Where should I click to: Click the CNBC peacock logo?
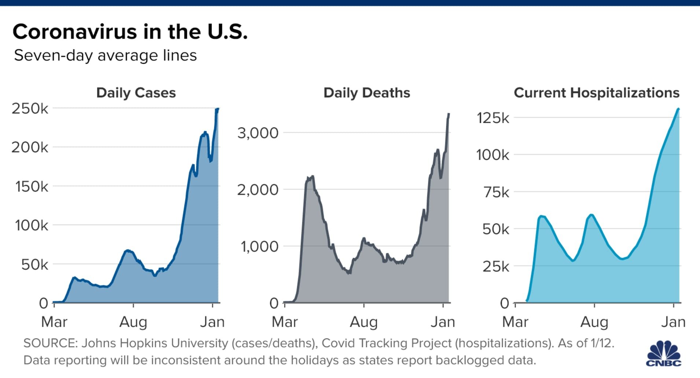(663, 354)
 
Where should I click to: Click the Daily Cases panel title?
(136, 93)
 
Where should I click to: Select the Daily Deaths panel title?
(366, 93)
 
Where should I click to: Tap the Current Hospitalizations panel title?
(596, 93)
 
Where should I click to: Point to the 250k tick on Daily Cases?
(30, 108)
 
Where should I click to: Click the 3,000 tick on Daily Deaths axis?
(258, 133)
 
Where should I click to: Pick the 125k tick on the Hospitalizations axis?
(493, 118)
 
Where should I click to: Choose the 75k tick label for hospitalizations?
(496, 192)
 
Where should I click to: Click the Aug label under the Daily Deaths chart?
(364, 322)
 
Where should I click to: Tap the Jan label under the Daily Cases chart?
(212, 322)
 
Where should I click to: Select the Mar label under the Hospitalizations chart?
(515, 322)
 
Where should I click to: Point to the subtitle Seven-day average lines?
(105, 56)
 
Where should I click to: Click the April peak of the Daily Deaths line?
(312, 177)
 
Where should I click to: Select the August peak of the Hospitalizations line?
(591, 215)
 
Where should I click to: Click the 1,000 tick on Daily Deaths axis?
(259, 247)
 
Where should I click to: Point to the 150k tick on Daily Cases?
(32, 186)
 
